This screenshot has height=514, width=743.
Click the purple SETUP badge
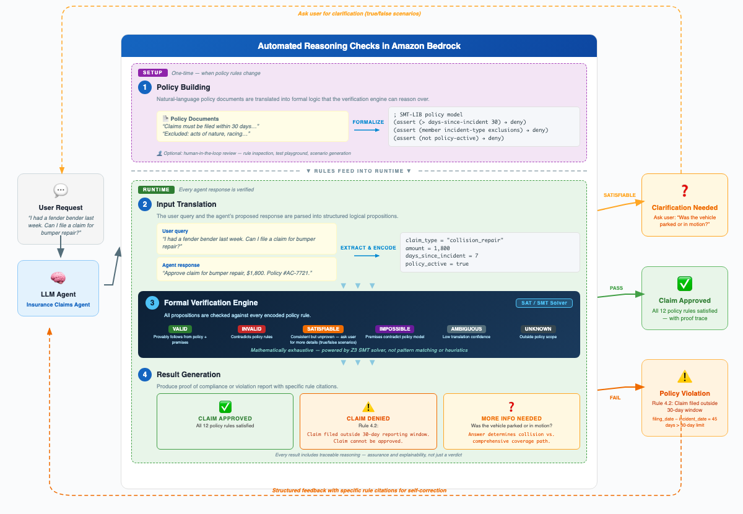153,72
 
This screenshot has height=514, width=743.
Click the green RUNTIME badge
156,189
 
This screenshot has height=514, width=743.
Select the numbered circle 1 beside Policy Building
145,87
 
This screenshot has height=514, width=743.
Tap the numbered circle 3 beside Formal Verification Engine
152,303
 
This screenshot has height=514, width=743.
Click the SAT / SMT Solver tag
544,303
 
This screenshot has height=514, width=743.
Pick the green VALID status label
180,329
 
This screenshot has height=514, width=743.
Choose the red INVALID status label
251,329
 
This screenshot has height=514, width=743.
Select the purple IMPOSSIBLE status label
394,329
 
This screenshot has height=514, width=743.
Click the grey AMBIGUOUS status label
466,329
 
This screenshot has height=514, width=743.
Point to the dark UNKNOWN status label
538,329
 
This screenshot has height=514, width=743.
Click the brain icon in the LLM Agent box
58,278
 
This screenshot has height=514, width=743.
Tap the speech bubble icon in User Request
61,191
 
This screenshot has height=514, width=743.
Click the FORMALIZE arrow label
368,122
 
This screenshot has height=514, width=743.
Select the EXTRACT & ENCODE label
368,248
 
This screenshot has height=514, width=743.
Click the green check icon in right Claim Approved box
684,284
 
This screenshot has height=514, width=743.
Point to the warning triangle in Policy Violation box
684,377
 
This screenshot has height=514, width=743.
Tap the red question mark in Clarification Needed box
684,191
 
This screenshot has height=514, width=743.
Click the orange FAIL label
615,398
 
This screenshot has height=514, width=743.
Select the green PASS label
616,287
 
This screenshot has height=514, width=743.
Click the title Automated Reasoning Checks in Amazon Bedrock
359,46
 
